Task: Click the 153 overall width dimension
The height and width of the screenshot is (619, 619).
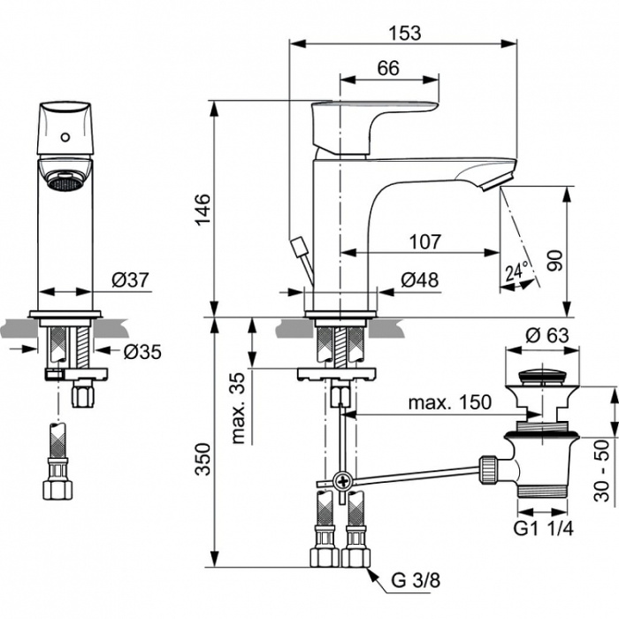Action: pos(405,34)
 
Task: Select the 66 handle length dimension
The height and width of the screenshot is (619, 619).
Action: pos(388,68)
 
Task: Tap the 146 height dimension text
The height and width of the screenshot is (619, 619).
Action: pos(203,210)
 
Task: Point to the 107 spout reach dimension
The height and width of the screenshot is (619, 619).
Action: pos(424,241)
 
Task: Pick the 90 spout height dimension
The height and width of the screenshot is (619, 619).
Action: pos(554,260)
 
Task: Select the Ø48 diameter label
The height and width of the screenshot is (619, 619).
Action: pos(420,280)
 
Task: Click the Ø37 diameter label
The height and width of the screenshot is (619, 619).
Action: pos(131,280)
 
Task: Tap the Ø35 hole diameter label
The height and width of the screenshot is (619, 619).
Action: pos(142,352)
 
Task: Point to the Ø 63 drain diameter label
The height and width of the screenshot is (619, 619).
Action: pos(547,335)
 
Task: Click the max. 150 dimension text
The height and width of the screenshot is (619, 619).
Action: pos(450,402)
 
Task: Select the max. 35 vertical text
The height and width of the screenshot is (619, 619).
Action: pos(240,408)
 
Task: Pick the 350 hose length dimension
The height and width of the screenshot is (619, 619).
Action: pos(203,460)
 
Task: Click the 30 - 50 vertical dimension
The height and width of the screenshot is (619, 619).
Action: pos(601,470)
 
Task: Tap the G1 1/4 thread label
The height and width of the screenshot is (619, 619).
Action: pos(543,528)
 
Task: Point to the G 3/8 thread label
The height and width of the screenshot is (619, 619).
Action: pos(416,580)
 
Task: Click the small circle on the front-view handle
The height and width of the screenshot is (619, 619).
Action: pos(65,137)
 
